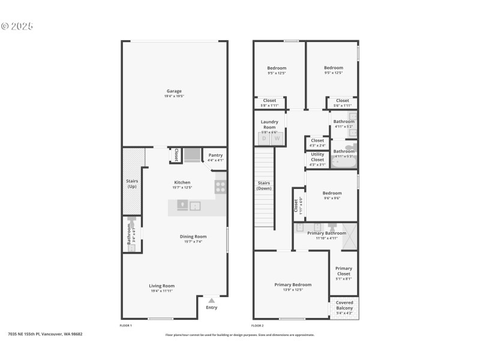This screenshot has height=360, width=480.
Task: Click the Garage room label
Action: coord(174,91)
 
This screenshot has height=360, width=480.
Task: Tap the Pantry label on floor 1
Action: coord(215,155)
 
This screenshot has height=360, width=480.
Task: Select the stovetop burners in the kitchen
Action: coord(220,187)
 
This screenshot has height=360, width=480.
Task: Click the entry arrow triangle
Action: coord(211,301)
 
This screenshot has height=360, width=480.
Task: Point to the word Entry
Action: coord(211,308)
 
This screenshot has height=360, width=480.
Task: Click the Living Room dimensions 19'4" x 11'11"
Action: coord(162,291)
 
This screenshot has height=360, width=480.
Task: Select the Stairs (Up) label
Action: coord(132,184)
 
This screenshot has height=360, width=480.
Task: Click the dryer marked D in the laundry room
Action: coord(263,139)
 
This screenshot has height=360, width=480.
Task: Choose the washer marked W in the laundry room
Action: coord(277,139)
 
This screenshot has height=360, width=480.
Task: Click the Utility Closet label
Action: coord(317,157)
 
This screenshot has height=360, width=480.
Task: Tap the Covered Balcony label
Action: coord(344,305)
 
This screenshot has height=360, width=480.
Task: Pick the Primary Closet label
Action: coord(344,271)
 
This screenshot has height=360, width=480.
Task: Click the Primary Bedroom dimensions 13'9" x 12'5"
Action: coord(293,290)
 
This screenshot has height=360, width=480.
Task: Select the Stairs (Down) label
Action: coord(264,185)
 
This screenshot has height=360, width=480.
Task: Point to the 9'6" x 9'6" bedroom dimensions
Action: coord(332,198)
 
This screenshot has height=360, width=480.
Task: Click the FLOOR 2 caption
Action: coord(258,325)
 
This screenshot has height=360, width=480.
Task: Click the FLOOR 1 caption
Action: coord(126,325)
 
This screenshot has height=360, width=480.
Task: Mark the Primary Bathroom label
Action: coord(326,233)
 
